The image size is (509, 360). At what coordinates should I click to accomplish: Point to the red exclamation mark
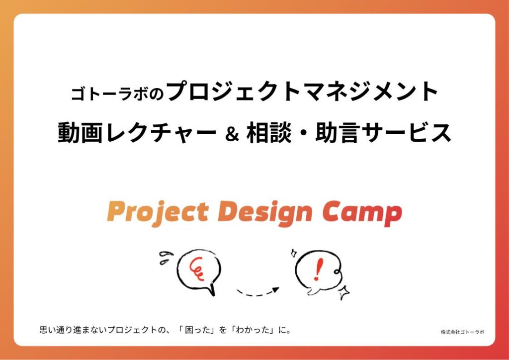(319, 270)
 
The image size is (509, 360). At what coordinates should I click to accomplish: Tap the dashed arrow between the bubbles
(258, 291)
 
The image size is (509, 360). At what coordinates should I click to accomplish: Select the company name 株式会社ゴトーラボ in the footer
(462, 332)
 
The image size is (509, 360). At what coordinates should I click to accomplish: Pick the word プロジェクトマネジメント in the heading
(302, 92)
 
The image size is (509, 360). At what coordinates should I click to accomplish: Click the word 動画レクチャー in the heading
(137, 132)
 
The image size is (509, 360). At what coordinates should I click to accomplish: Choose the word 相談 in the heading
(268, 132)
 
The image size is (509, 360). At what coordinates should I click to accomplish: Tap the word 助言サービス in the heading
(384, 132)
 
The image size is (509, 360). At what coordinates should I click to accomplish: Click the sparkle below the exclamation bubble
(344, 292)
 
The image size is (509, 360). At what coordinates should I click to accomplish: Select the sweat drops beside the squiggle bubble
(166, 257)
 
